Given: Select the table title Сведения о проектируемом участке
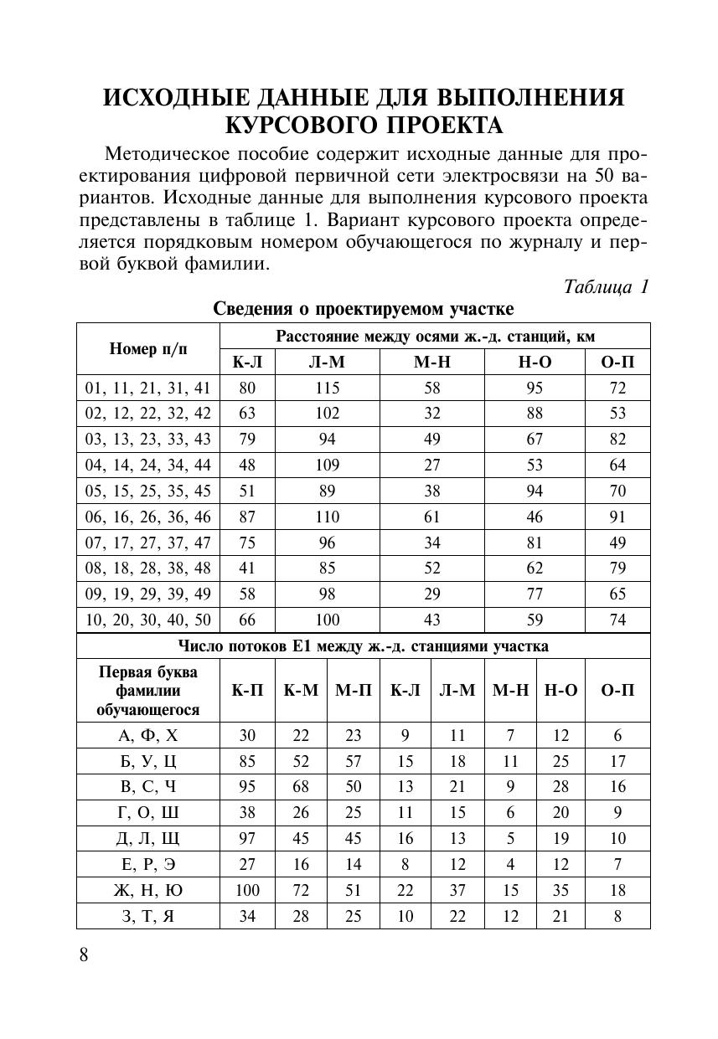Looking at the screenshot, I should click(364, 309).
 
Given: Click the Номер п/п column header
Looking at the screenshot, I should click(148, 348).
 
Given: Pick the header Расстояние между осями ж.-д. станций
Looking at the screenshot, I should click(435, 337).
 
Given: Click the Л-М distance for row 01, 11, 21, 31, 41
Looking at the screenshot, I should click(328, 388).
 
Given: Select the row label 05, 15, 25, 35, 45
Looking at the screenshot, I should click(148, 491).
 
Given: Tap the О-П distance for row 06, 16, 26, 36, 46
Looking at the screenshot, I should click(617, 517).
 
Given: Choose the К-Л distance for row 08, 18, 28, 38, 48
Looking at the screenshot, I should click(247, 568).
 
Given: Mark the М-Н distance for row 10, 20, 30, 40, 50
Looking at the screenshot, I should click(431, 620).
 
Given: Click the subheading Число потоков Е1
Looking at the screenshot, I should click(364, 646).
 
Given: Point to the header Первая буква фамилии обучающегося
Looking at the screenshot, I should click(148, 691).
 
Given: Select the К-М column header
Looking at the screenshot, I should click(301, 691).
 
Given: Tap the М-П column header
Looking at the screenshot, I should click(354, 691).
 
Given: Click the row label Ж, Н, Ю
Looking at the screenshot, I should click(148, 890).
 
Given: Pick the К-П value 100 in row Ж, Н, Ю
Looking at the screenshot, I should click(247, 890).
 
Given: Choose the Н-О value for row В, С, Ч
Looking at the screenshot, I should click(560, 787).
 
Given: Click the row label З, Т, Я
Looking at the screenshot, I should click(148, 916).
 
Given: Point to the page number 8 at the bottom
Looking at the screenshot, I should click(84, 955).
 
